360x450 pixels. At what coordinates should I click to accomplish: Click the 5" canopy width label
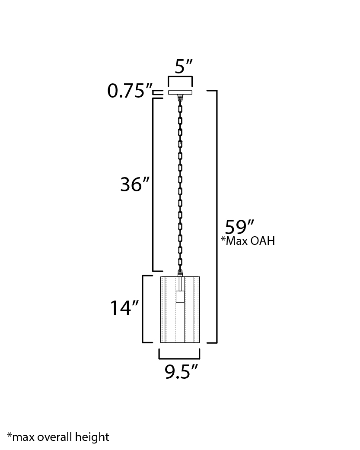click(x=183, y=66)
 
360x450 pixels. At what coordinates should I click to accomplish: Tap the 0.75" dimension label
click(x=130, y=91)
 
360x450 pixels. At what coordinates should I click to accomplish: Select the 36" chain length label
click(x=135, y=184)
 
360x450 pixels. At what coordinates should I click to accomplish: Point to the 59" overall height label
click(x=239, y=227)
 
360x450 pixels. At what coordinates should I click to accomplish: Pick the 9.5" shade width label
click(x=181, y=372)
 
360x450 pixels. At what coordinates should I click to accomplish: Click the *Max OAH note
click(x=248, y=241)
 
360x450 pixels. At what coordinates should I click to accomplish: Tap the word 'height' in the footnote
click(x=92, y=437)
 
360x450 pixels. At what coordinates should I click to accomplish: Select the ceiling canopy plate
click(x=180, y=92)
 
